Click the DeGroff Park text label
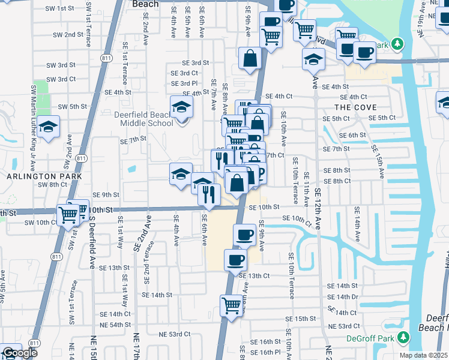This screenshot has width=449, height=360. pos(369,338)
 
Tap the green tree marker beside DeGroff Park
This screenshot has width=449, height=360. pos(402,338)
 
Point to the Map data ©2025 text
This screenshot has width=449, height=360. pos(423,355)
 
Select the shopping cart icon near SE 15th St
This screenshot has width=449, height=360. pos(231,305)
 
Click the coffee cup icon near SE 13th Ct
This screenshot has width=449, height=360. pos(235,260)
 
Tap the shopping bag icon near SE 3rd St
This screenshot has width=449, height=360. pos(250,59)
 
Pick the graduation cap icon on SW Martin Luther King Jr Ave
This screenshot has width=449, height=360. pos(47,127)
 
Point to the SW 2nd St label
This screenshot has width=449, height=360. pos(66,35)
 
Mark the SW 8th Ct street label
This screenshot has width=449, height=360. pos(51,185)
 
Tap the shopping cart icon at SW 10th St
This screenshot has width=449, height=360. pos(67,213)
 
